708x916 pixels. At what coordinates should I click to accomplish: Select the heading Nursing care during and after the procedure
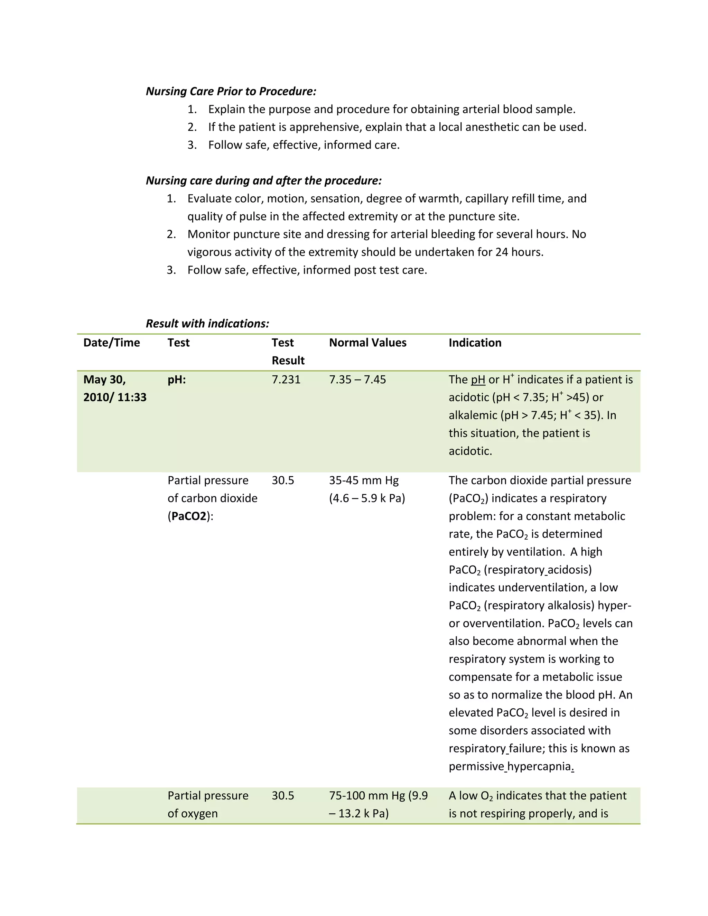pyautogui.click(x=263, y=180)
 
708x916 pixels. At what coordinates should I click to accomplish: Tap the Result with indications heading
pyautogui.click(x=207, y=324)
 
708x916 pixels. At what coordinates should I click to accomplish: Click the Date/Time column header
pyautogui.click(x=112, y=343)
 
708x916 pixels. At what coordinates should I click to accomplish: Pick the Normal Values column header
pyautogui.click(x=367, y=343)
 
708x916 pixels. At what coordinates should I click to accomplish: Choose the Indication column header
pyautogui.click(x=475, y=343)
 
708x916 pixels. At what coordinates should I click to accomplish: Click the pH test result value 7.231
pyautogui.click(x=286, y=380)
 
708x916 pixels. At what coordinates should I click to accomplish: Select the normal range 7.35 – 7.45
pyautogui.click(x=357, y=380)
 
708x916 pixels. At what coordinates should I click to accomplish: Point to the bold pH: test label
pyautogui.click(x=177, y=380)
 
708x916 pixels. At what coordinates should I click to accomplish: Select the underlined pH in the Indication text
pyautogui.click(x=478, y=380)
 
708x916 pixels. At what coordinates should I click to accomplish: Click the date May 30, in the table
pyautogui.click(x=104, y=380)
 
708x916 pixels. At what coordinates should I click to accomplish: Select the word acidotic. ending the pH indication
pyautogui.click(x=470, y=451)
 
